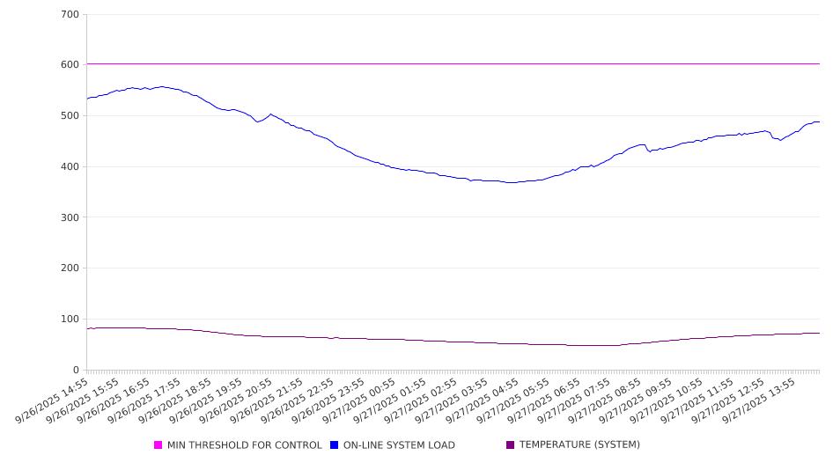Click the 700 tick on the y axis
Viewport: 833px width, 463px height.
click(70, 15)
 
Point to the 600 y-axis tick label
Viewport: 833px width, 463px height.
click(70, 65)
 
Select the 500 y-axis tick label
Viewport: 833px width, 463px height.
click(70, 116)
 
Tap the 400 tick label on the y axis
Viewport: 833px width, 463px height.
click(70, 167)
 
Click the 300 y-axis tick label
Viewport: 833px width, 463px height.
click(70, 217)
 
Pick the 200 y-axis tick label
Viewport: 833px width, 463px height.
click(70, 268)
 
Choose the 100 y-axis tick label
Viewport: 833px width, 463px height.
click(70, 320)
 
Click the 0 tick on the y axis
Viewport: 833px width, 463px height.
click(76, 370)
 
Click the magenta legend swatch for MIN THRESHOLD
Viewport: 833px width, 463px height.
click(158, 445)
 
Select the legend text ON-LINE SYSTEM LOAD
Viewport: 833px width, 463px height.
click(399, 445)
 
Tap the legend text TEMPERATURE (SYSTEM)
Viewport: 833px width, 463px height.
click(579, 445)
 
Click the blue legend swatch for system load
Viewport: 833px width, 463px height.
click(335, 445)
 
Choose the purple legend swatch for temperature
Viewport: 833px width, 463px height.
click(511, 445)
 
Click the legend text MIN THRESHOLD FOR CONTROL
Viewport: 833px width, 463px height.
click(245, 445)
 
